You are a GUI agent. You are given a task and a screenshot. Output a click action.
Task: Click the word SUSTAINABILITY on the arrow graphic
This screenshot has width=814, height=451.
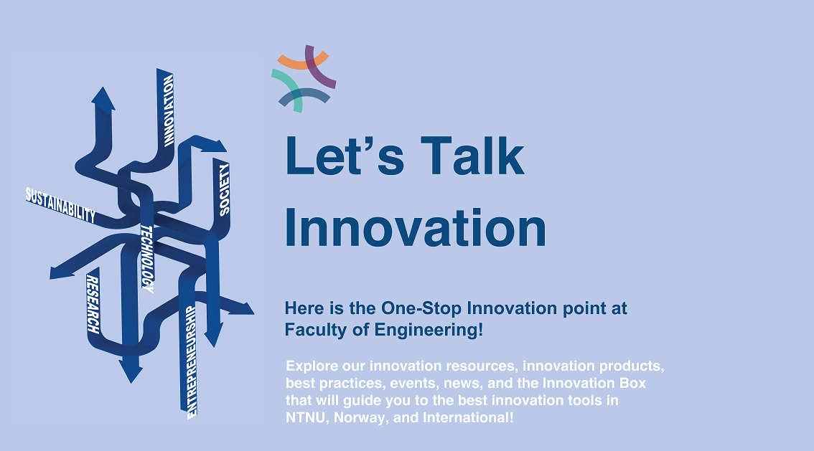click(x=61, y=205)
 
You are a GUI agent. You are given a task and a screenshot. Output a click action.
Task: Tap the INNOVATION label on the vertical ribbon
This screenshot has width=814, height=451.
click(x=168, y=110)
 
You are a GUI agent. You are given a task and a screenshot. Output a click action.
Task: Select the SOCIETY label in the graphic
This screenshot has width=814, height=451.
click(x=224, y=190)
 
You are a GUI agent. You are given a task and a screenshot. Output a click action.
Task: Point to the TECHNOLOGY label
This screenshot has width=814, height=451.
click(x=147, y=259)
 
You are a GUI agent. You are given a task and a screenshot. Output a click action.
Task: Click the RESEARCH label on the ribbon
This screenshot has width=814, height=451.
click(x=93, y=304)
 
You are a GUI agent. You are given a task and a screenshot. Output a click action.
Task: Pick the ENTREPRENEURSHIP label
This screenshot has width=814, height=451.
click(x=191, y=362)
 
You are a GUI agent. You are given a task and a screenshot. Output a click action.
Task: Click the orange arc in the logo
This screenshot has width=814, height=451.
click(x=303, y=62)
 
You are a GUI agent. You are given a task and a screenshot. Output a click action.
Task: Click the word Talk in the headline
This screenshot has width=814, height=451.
click(x=472, y=156)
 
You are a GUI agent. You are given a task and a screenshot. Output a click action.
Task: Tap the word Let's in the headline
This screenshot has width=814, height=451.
click(x=345, y=156)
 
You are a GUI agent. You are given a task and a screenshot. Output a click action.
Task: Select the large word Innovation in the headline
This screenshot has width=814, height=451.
click(x=416, y=229)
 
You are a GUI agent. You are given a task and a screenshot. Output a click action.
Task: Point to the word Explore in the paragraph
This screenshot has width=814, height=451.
click(x=312, y=366)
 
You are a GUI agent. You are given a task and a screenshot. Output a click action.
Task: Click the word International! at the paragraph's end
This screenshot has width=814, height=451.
click(x=468, y=418)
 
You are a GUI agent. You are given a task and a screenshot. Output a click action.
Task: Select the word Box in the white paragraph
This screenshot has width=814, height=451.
click(x=633, y=383)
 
